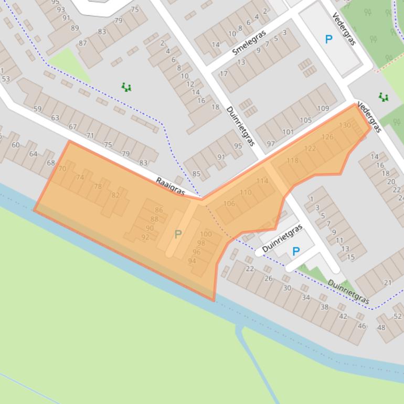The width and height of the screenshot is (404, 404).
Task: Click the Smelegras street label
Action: click(x=249, y=43)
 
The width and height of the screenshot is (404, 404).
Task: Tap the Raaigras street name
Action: click(x=171, y=187)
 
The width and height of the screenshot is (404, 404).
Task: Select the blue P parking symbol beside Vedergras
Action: click(x=328, y=39)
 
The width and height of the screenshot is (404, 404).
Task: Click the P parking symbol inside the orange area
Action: click(x=178, y=235)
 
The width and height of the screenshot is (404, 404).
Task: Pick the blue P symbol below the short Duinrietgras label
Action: click(x=296, y=251)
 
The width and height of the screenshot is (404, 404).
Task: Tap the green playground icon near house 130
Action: click(x=384, y=97)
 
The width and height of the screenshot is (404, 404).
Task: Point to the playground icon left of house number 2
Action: click(x=126, y=87)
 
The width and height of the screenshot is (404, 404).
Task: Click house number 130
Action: click(x=345, y=125)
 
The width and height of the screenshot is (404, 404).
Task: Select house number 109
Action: click(x=323, y=109)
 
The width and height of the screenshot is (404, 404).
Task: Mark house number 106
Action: click(x=229, y=204)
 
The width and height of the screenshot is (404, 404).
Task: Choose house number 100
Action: click(x=206, y=234)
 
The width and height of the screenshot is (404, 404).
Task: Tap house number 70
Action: click(x=62, y=169)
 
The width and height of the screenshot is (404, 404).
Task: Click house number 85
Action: click(x=196, y=174)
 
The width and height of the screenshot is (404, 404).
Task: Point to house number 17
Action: click(x=224, y=74)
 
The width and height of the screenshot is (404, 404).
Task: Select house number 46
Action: click(x=362, y=326)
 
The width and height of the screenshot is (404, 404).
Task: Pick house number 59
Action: click(x=37, y=109)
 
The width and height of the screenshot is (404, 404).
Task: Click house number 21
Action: click(x=388, y=283)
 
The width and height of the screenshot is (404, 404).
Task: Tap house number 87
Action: click(x=83, y=43)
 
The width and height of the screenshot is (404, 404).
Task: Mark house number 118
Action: click(x=292, y=161)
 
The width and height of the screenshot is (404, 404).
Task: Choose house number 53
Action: click(x=6, y=79)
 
